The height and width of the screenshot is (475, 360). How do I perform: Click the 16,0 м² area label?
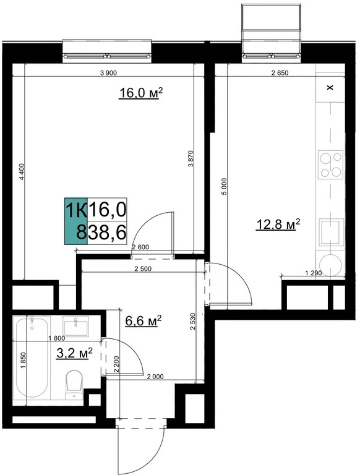click(x=140, y=93)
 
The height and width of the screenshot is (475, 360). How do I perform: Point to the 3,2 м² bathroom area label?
click(x=74, y=353)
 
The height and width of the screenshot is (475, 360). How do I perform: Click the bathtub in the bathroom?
click(x=32, y=358)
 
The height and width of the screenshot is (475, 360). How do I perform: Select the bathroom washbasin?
click(x=76, y=325)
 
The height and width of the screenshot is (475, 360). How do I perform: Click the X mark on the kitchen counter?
click(x=330, y=88)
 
